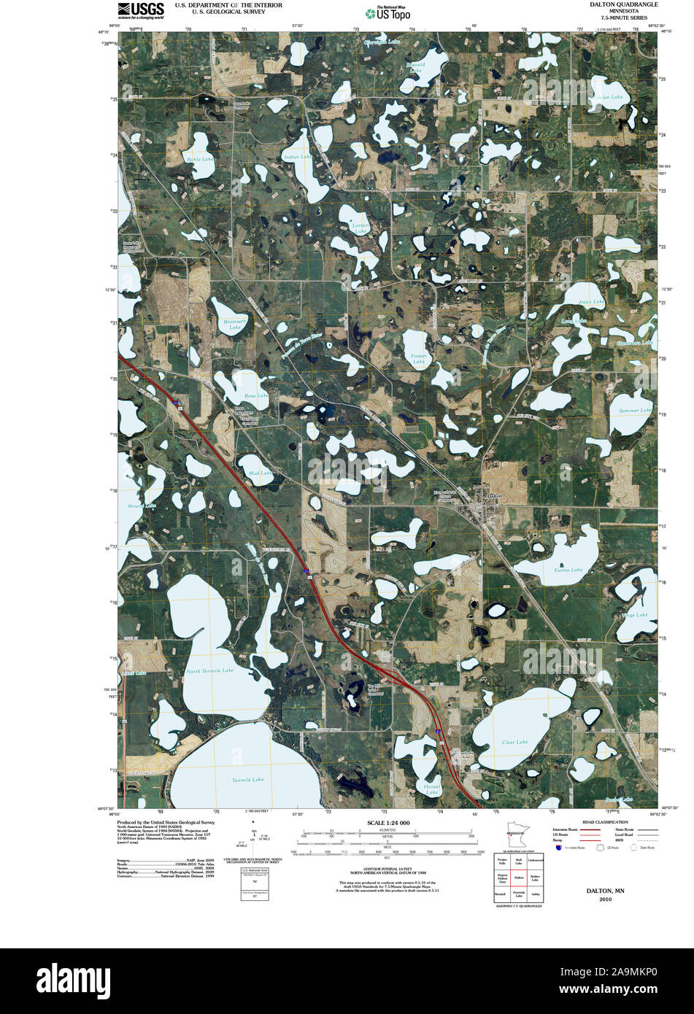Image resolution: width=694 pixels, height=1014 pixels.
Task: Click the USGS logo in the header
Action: click(x=141, y=9)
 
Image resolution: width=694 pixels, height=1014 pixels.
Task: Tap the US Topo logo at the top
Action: click(x=388, y=12)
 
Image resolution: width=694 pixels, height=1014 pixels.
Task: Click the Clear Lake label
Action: click(x=514, y=742)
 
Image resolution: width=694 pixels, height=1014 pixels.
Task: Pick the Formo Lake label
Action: click(x=568, y=569)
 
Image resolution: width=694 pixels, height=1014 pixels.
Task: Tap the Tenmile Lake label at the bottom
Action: click(x=247, y=780)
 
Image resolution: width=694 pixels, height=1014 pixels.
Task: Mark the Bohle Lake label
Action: click(x=199, y=159)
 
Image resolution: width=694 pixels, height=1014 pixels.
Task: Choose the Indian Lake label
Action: click(x=297, y=157)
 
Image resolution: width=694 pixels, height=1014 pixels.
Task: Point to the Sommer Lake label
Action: click(x=634, y=411)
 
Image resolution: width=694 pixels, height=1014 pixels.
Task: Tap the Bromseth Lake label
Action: click(x=235, y=324)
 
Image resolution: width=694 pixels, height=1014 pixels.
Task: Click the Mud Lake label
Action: click(x=260, y=473)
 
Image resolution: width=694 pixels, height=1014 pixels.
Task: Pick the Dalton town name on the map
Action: click(x=494, y=496)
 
